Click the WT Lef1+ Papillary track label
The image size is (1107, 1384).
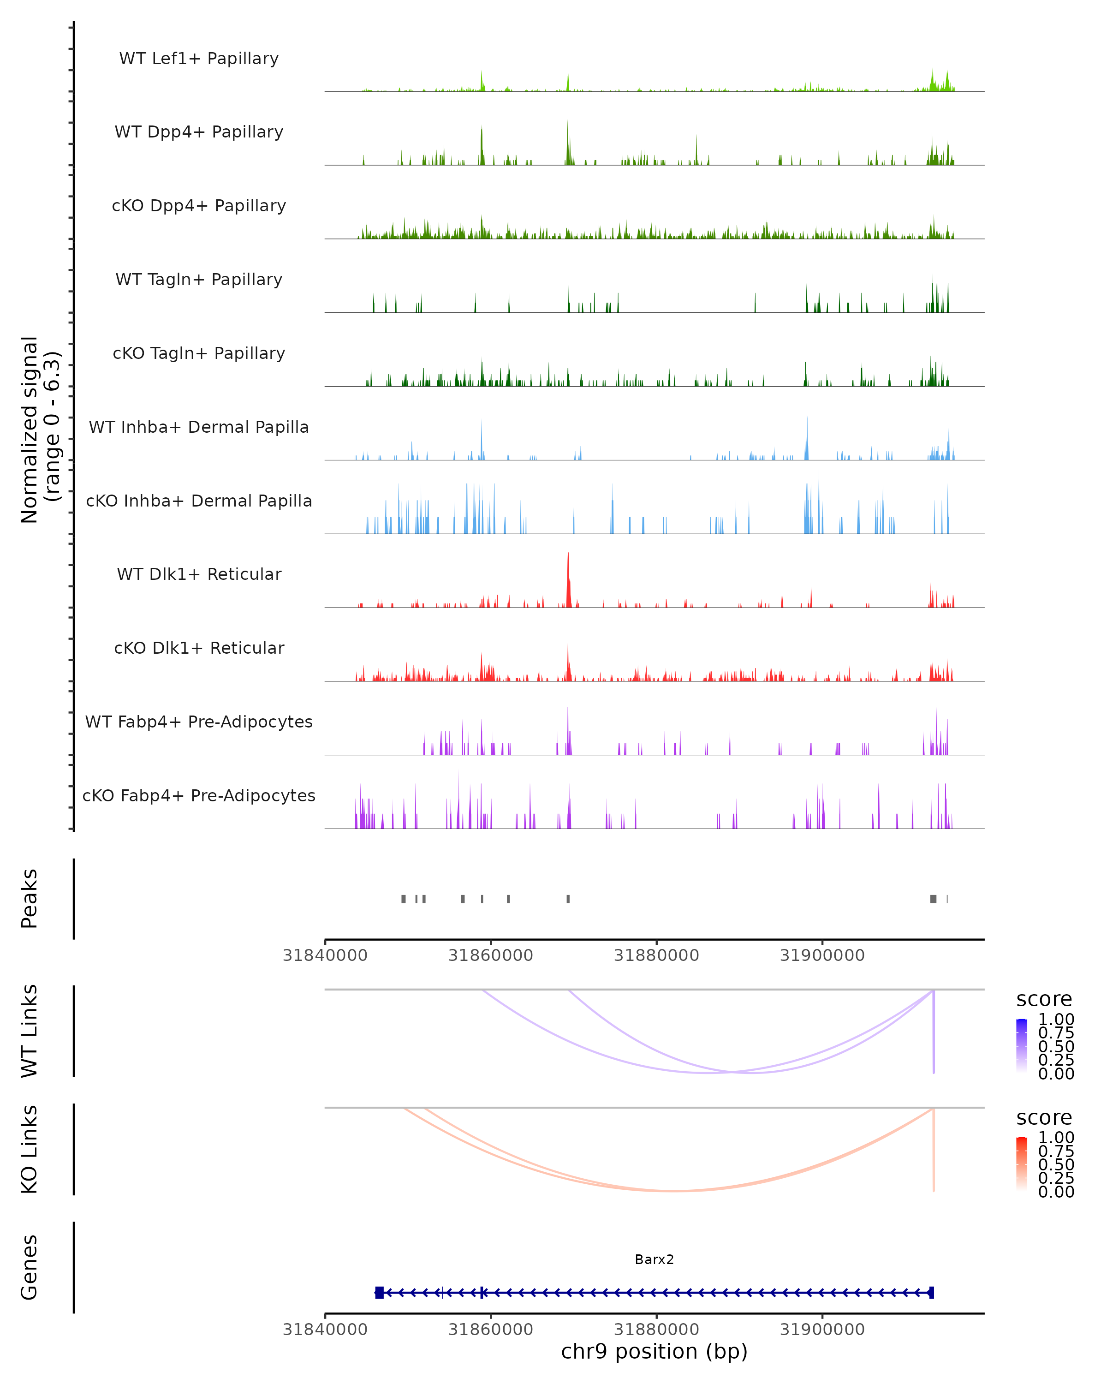coord(199,59)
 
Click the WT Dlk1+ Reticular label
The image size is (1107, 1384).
coord(199,574)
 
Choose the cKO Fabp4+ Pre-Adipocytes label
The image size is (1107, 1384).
coord(199,795)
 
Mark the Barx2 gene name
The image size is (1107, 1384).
coord(654,1259)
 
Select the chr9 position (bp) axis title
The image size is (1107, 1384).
coord(654,1351)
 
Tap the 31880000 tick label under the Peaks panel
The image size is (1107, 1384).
coord(656,955)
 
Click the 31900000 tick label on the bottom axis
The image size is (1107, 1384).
coord(822,1330)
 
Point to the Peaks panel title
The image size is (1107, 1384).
coord(30,899)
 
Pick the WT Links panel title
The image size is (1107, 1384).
coord(30,1031)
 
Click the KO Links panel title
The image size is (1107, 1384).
coord(30,1149)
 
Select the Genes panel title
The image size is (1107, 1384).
coord(30,1267)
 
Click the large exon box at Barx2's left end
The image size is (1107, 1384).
coord(379,1292)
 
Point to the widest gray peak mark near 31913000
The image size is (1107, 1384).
coord(933,899)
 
